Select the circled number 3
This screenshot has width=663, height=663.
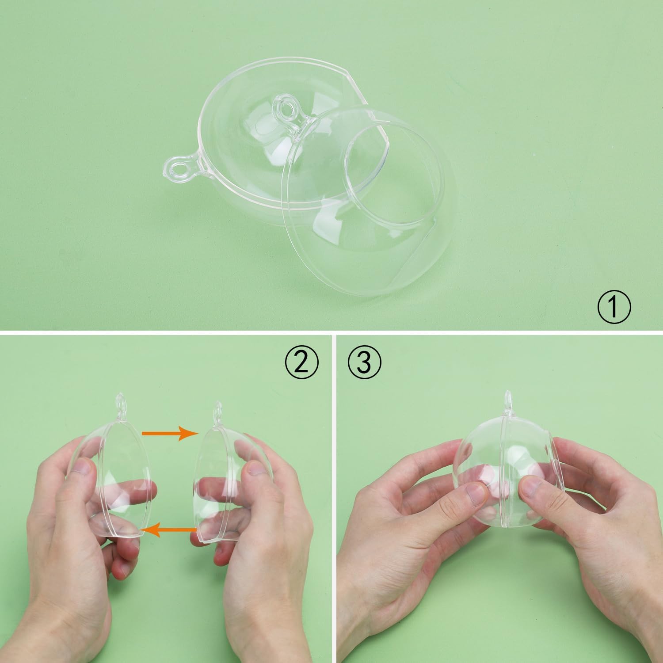(x=365, y=363)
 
